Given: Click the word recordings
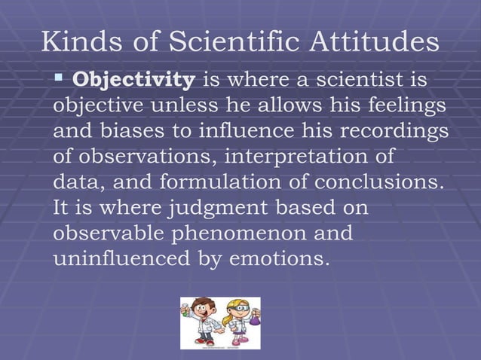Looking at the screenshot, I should coord(392,131).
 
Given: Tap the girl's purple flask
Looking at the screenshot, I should coord(253,319).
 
